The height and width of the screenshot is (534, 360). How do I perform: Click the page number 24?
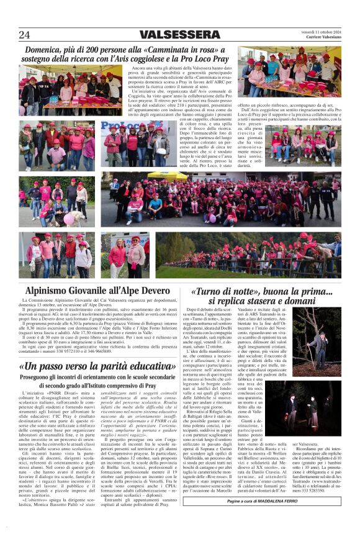tap(24, 35)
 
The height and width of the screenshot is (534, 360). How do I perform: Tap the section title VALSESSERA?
tap(179, 35)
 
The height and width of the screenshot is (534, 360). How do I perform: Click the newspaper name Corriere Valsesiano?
tap(322, 37)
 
